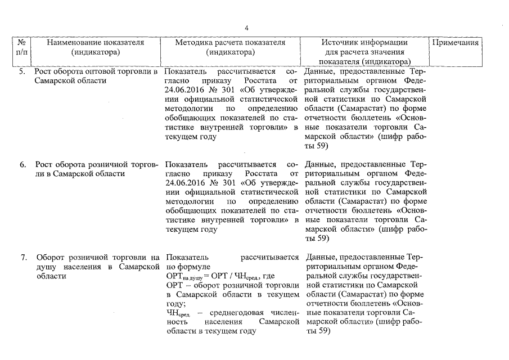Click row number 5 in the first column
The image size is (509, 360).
click(22, 72)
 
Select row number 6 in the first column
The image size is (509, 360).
click(22, 165)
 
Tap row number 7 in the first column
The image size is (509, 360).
click(22, 258)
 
